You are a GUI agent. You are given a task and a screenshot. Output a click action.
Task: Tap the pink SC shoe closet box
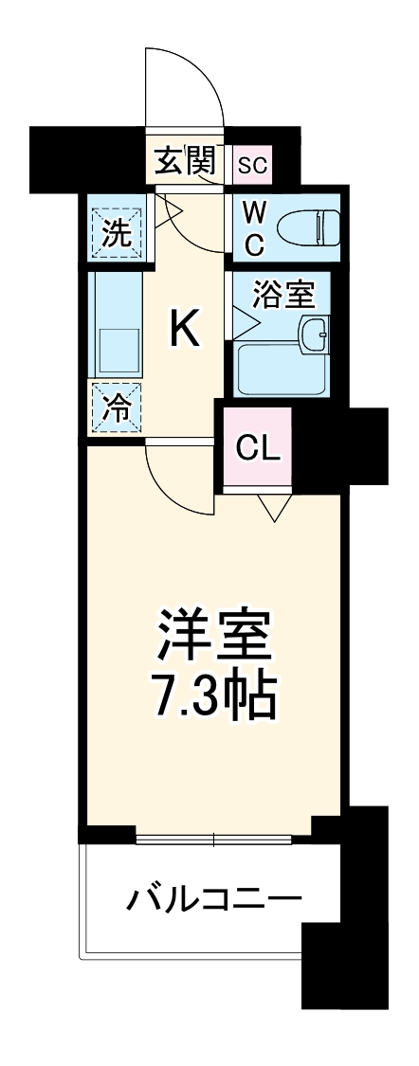252,165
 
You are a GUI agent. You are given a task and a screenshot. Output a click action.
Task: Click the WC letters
254,227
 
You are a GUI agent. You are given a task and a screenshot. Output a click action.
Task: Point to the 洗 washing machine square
117,232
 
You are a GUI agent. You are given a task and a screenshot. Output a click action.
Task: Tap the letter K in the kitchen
185,329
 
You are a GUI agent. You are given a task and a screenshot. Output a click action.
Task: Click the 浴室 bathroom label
283,295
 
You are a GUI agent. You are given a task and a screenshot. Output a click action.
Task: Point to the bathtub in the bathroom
281,370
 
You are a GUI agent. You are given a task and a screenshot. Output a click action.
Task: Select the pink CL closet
258,448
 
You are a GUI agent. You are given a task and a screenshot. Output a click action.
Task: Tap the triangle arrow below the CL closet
276,510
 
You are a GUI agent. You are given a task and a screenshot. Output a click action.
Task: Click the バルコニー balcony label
214,896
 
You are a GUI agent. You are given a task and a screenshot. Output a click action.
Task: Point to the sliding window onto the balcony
214,838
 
